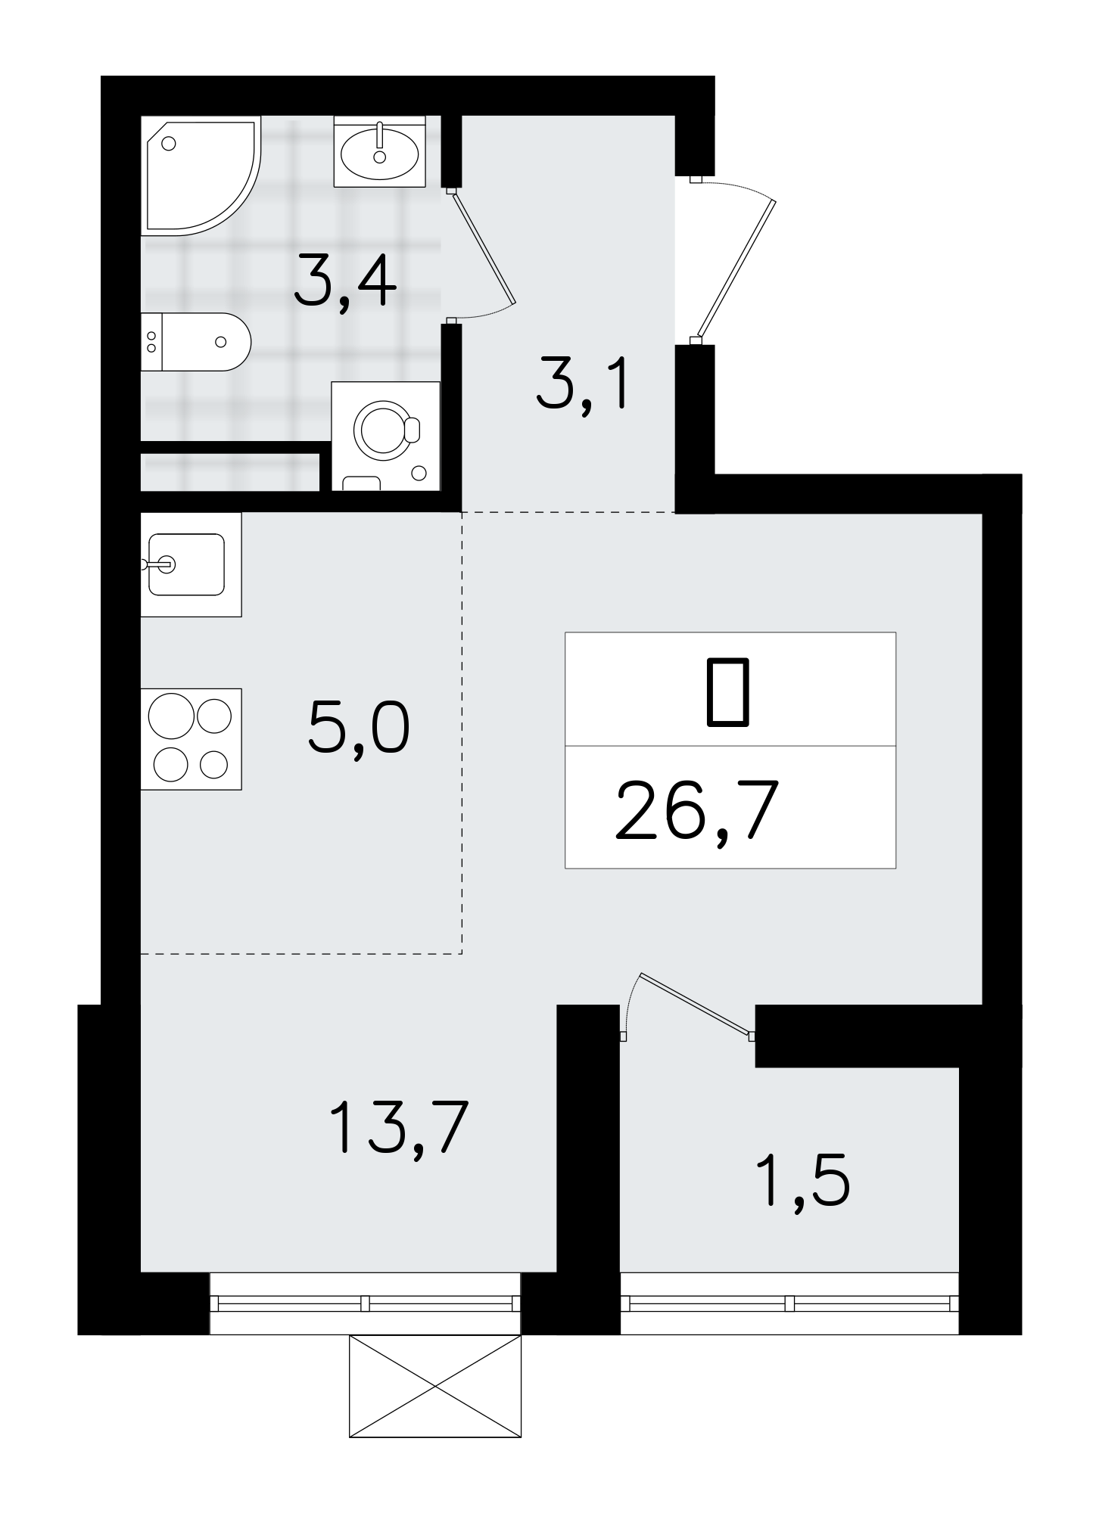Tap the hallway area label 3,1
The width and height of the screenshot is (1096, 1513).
tap(582, 387)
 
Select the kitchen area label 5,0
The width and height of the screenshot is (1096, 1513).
tap(359, 729)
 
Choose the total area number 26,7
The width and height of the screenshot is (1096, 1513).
tap(696, 812)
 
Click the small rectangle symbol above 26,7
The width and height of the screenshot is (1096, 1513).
tap(728, 692)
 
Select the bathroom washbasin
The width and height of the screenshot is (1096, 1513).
tap(379, 151)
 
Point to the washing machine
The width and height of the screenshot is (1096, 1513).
tap(386, 436)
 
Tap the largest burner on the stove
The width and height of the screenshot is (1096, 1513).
tap(170, 716)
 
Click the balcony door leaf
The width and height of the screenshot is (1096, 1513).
tap(695, 1002)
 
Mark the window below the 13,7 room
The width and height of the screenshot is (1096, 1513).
tap(365, 1303)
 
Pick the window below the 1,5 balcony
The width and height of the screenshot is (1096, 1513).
tap(789, 1303)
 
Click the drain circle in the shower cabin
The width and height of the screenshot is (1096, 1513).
tap(169, 143)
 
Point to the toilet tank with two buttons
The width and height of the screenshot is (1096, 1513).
tap(151, 342)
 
